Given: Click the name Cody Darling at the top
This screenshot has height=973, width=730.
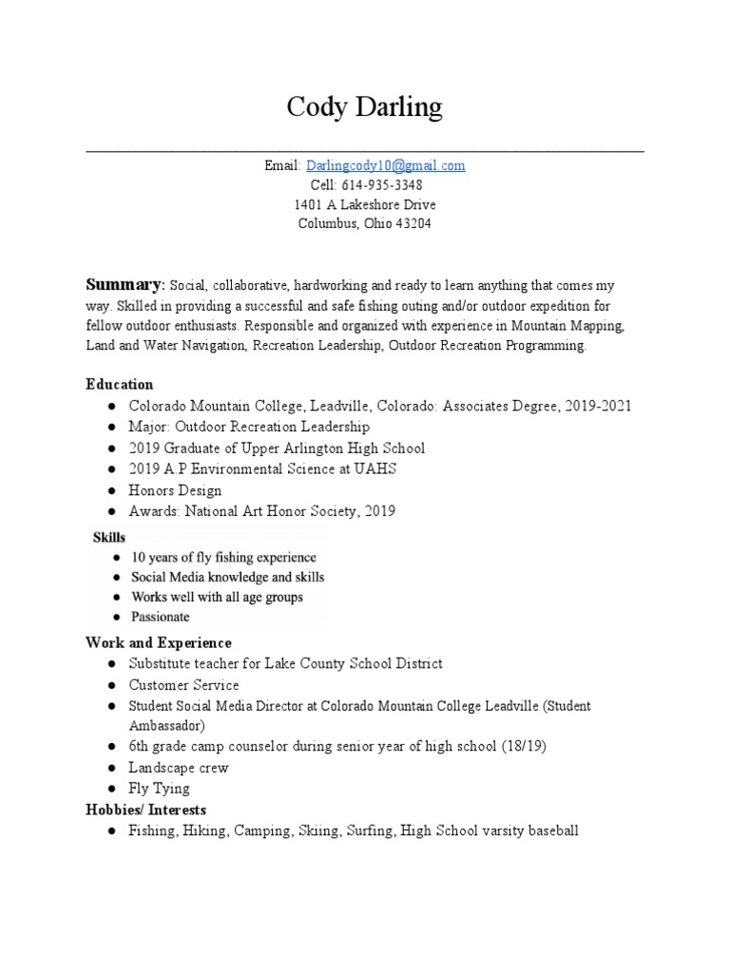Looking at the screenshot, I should (365, 107).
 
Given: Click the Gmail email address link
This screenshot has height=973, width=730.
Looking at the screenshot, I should (385, 165).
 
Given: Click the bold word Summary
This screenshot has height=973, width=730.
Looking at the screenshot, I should (125, 285).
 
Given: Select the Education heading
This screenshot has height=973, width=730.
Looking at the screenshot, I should (119, 385).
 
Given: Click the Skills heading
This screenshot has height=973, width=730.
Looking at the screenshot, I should (109, 538).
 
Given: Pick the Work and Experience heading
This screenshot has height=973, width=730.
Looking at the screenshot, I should (159, 643).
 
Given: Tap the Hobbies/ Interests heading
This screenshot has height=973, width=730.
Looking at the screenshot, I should (146, 810).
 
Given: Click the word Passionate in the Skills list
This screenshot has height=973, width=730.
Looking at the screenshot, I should (160, 617).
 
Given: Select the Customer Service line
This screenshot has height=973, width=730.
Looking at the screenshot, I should (184, 685).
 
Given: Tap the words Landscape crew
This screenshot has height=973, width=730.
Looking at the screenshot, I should (179, 768).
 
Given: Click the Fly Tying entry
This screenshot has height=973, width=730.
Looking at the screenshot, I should (160, 789).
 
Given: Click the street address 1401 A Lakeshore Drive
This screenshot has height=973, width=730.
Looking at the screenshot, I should (365, 205).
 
